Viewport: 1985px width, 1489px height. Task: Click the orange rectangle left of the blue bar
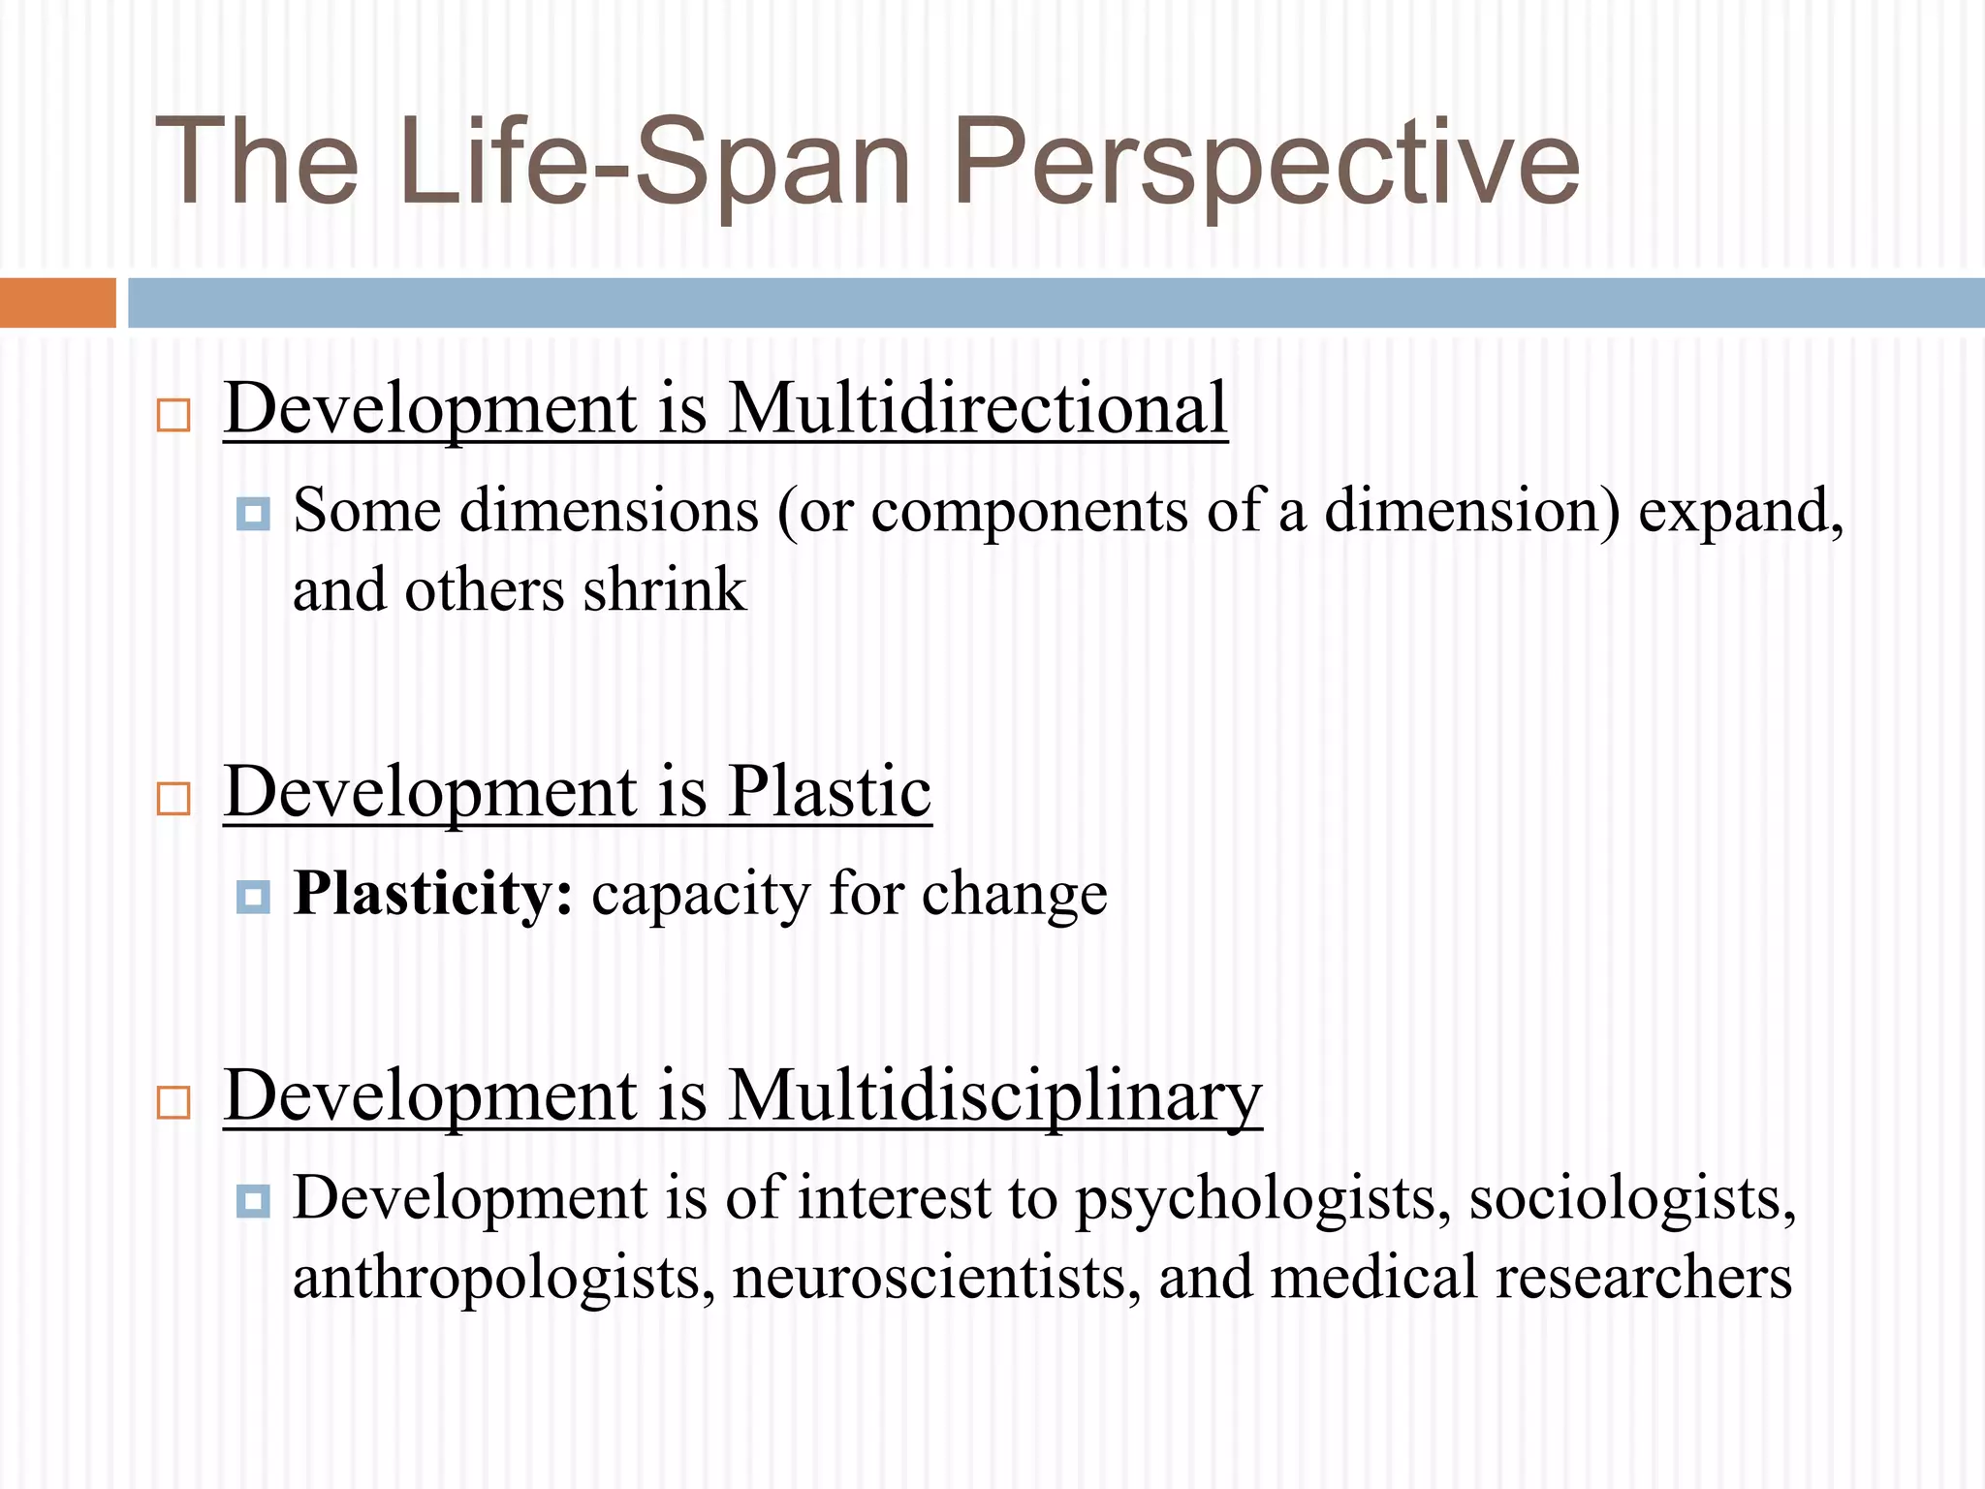(57, 302)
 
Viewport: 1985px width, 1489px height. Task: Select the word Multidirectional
(977, 408)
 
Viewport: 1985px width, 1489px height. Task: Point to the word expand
(1739, 512)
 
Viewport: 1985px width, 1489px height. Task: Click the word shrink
(665, 590)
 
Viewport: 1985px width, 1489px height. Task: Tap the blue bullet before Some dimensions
(253, 513)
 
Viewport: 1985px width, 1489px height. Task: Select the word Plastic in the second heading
(829, 792)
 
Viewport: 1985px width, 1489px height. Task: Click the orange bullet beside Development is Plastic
(173, 799)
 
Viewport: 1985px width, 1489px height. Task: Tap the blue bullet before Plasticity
(253, 897)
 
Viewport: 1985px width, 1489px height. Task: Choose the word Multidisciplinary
(994, 1096)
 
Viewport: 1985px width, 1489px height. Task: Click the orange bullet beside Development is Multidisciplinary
(173, 1103)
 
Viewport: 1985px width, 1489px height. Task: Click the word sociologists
(1632, 1198)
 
